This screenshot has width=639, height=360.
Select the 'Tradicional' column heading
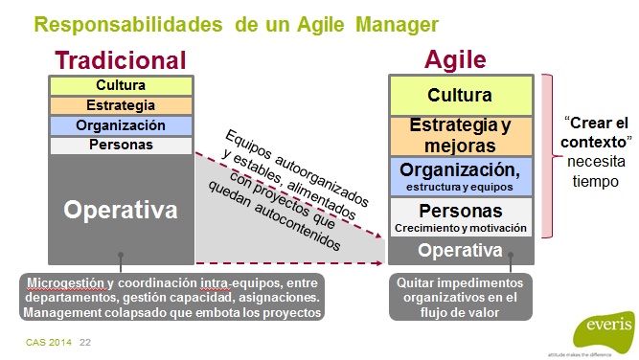(x=121, y=60)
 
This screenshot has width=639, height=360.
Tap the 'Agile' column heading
(x=455, y=60)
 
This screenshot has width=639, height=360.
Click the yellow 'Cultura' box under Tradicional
(x=121, y=85)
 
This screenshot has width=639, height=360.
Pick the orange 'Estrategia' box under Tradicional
(x=121, y=105)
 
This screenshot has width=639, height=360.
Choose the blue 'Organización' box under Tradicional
(x=121, y=125)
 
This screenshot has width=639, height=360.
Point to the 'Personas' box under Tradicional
(x=121, y=146)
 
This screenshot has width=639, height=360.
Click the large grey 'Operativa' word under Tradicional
(x=121, y=209)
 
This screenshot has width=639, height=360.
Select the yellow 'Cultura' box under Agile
(x=460, y=95)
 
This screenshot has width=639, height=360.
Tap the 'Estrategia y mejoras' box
(x=460, y=135)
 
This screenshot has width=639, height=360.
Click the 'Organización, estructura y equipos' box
(x=460, y=176)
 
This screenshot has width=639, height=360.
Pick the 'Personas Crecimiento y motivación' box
(x=460, y=216)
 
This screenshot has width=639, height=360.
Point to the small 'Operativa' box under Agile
(x=460, y=251)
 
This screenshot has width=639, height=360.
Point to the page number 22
(x=85, y=342)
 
